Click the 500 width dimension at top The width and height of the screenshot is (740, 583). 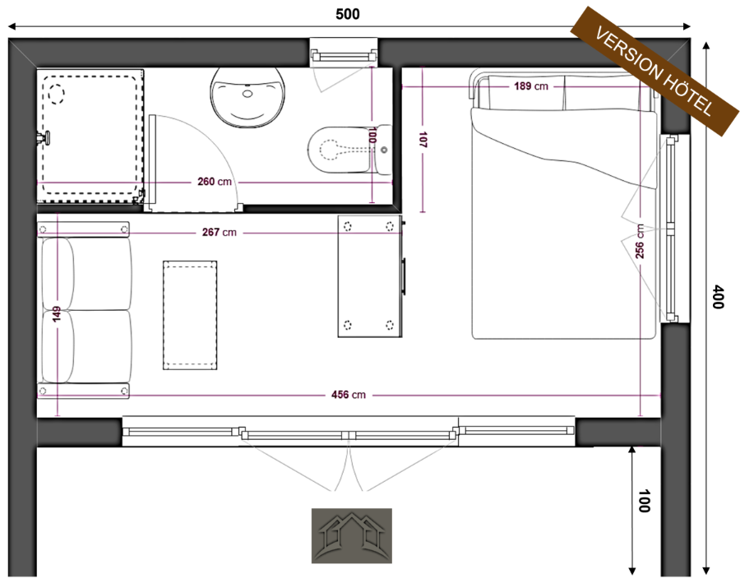tap(348, 14)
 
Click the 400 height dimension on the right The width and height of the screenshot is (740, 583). tap(717, 297)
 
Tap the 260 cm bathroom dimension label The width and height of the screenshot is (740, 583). tap(215, 181)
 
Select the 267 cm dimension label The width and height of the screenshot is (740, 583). tap(219, 232)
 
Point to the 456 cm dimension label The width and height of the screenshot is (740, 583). tap(349, 395)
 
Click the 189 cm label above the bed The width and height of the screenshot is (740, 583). tap(531, 86)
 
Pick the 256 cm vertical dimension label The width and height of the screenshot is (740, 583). tap(640, 241)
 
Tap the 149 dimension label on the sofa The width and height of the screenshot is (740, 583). tap(57, 314)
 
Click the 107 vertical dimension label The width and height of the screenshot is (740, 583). tap(423, 140)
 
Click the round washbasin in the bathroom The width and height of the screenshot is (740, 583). tap(247, 98)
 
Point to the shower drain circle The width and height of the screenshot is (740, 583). tap(56, 94)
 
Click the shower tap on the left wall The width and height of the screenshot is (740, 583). tap(43, 137)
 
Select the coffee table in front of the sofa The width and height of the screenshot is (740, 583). tap(190, 315)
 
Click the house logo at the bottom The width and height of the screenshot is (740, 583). tap(352, 536)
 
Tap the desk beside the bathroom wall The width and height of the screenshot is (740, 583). tap(371, 276)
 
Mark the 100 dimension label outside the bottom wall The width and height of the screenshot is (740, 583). tap(644, 501)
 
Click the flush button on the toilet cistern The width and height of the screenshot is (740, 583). tap(384, 150)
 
